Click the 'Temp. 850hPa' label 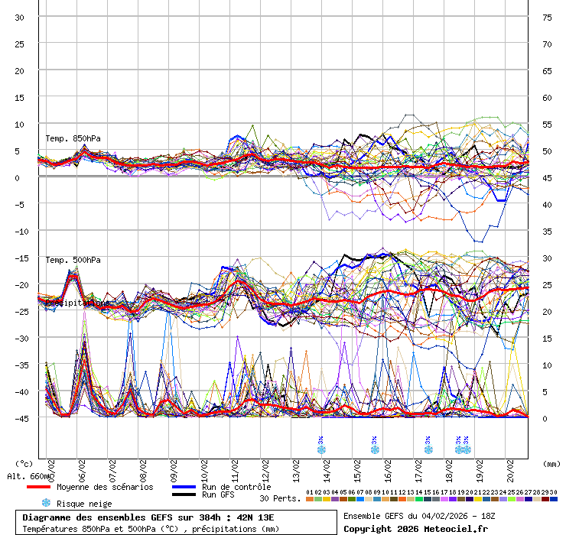click(x=73, y=138)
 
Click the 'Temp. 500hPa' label click(x=73, y=260)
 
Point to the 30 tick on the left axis click(x=20, y=18)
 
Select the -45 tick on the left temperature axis click(x=20, y=418)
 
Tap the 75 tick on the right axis click(x=547, y=18)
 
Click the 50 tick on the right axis click(x=547, y=151)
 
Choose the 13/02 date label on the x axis click(x=296, y=466)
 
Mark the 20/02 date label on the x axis click(x=511, y=466)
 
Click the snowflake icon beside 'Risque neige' click(x=46, y=503)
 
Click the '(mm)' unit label click(x=552, y=463)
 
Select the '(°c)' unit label click(x=24, y=463)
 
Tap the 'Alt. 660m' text click(x=29, y=476)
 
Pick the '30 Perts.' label click(x=278, y=498)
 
